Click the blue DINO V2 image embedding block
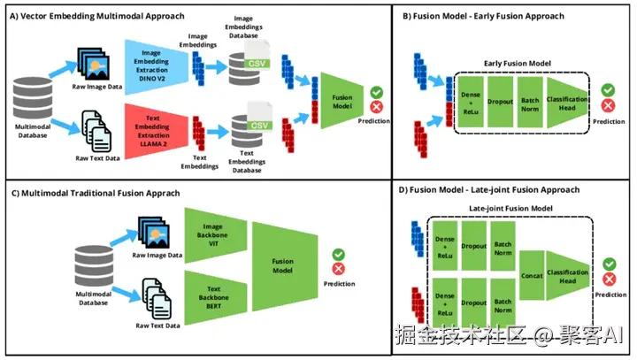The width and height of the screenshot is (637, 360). [156, 67]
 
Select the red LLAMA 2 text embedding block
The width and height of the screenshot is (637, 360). [156, 131]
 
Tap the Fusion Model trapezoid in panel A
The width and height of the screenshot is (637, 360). [342, 101]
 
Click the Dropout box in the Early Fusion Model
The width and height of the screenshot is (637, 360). [500, 102]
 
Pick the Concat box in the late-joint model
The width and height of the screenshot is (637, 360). [532, 275]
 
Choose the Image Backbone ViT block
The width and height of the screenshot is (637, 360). [215, 235]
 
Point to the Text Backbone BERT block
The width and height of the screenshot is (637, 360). [215, 298]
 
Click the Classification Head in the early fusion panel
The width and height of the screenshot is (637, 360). [567, 103]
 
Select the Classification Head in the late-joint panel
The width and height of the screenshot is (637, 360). [567, 276]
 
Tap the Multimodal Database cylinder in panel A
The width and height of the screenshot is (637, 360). [33, 98]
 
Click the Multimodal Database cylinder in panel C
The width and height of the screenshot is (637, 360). [94, 265]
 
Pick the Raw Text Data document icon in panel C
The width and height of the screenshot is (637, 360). [157, 299]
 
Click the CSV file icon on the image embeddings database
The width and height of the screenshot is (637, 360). [257, 55]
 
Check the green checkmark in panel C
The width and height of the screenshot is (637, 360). [338, 255]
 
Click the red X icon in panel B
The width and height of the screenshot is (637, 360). [608, 106]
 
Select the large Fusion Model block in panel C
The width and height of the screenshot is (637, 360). [284, 266]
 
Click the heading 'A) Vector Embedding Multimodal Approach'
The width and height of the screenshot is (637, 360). [97, 16]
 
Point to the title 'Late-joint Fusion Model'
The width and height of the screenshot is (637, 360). [510, 209]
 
